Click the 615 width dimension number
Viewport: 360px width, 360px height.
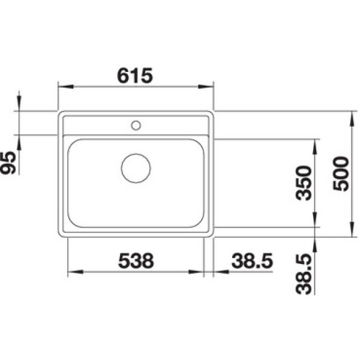[x=135, y=76]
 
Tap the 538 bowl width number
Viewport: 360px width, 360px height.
[x=136, y=261]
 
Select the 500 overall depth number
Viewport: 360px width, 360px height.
[x=341, y=173]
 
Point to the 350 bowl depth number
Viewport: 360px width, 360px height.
[x=304, y=183]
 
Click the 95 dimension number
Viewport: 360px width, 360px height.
[x=8, y=163]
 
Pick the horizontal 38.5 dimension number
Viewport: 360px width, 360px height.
[x=253, y=261]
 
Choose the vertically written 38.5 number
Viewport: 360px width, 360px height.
[x=304, y=274]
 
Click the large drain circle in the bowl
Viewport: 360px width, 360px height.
[x=136, y=168]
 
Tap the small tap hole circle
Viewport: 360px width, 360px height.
[x=136, y=125]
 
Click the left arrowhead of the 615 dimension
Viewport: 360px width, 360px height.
[x=65, y=86]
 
